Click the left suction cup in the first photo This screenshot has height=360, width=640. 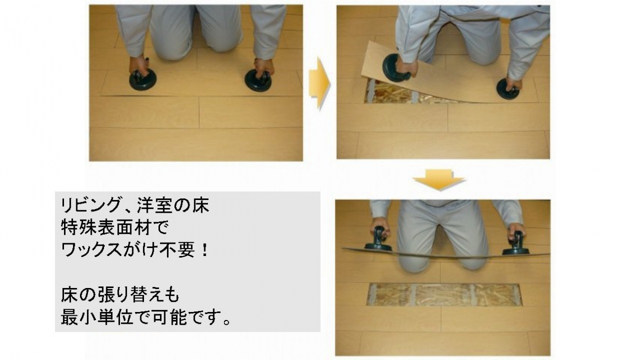(x=143, y=81)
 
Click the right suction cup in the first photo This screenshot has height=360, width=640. (x=258, y=81)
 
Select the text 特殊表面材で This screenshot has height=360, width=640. (x=115, y=228)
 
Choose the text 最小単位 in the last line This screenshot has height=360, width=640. (x=97, y=318)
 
